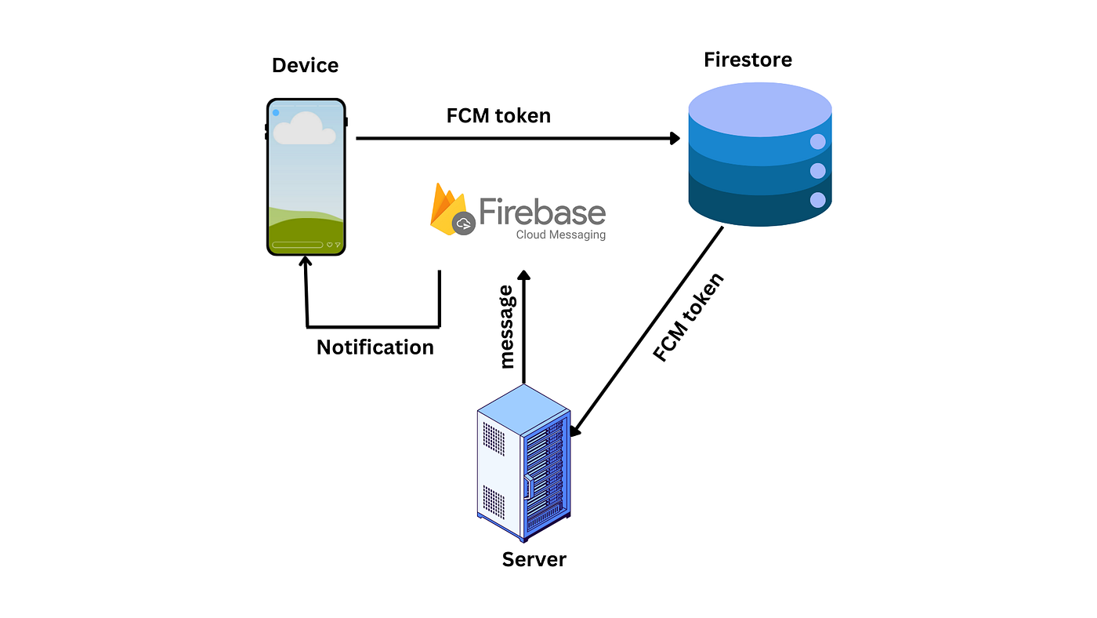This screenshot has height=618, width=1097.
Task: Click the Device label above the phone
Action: (305, 65)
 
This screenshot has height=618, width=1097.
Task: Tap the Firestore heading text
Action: (748, 60)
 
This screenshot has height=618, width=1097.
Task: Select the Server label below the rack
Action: (534, 559)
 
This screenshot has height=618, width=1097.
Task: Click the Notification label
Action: (375, 347)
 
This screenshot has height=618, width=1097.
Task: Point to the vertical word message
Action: (507, 327)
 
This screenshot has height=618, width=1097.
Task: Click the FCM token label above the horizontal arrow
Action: (498, 116)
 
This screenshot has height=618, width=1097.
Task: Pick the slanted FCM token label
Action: (690, 318)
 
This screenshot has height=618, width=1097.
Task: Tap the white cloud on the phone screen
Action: (304, 129)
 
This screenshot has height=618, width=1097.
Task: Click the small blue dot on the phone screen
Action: (276, 113)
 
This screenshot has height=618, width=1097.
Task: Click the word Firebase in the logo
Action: (542, 212)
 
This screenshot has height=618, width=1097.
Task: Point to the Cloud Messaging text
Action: (560, 234)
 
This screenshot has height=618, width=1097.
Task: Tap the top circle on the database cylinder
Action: (818, 142)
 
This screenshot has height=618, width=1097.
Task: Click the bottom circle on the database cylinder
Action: (818, 200)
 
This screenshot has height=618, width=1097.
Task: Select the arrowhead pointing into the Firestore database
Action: (675, 139)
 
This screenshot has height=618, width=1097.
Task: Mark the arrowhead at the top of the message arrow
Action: (523, 276)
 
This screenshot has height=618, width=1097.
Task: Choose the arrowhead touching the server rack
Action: (576, 431)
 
